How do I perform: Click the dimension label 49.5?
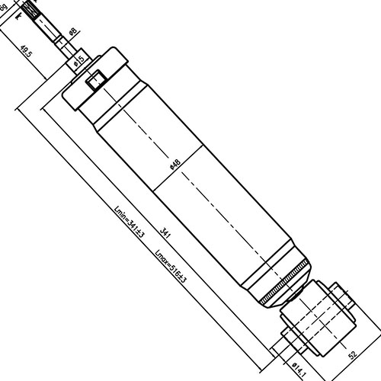pyautogui.click(x=26, y=51)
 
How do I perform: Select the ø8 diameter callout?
pyautogui.click(x=73, y=31)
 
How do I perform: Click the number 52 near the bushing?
pyautogui.click(x=352, y=354)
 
